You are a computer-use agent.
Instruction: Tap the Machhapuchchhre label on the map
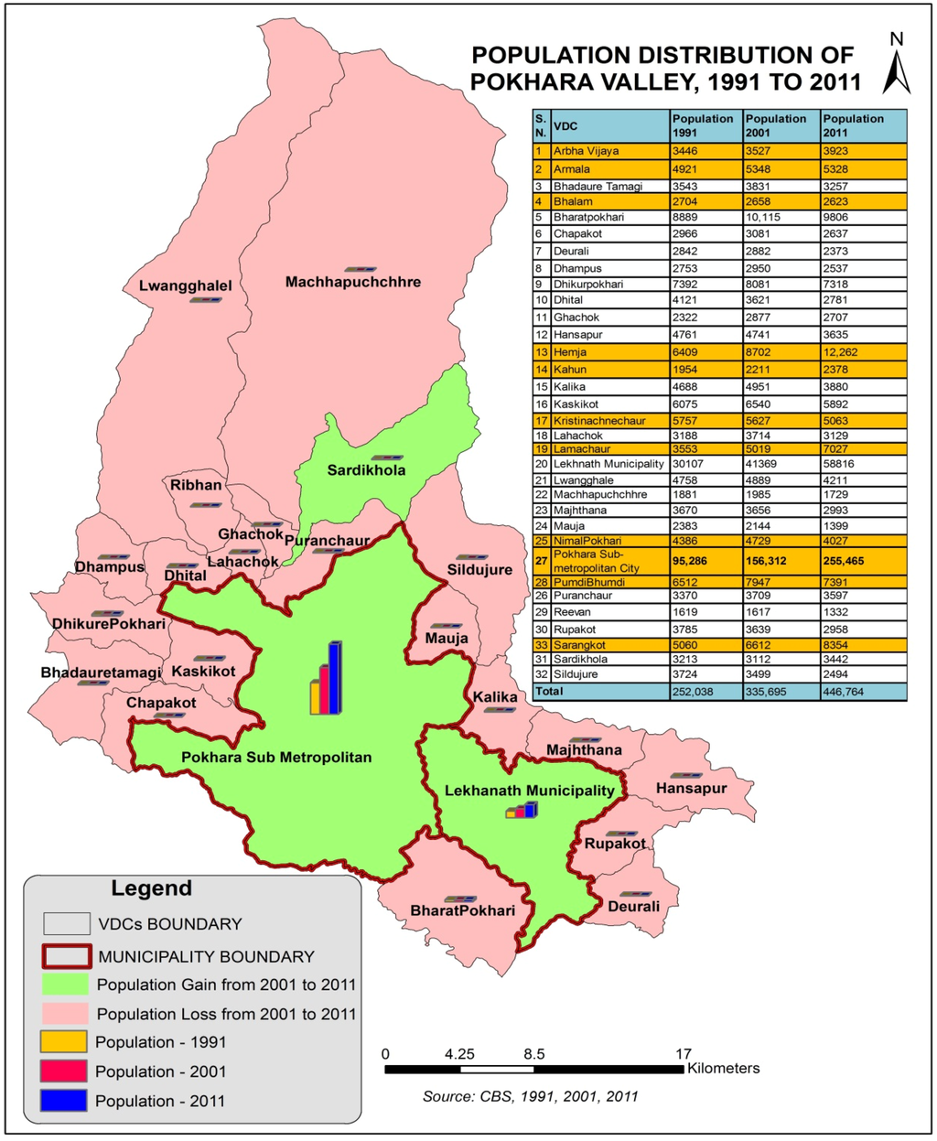tap(353, 282)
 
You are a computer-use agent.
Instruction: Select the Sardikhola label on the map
tap(366, 470)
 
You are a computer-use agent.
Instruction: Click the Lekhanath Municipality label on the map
tap(530, 791)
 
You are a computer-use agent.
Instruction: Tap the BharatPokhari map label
tap(462, 910)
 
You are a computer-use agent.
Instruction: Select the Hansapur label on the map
tap(691, 788)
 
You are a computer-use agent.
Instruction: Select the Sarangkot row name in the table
tap(579, 645)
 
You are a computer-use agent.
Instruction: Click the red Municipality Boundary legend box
tap(67, 956)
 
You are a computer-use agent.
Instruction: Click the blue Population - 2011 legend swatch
tap(64, 1101)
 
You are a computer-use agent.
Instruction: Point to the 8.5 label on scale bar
tap(534, 1053)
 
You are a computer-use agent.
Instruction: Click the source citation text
tap(531, 1096)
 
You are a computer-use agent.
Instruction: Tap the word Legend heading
tap(151, 888)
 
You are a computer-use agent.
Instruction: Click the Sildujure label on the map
tap(479, 570)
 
